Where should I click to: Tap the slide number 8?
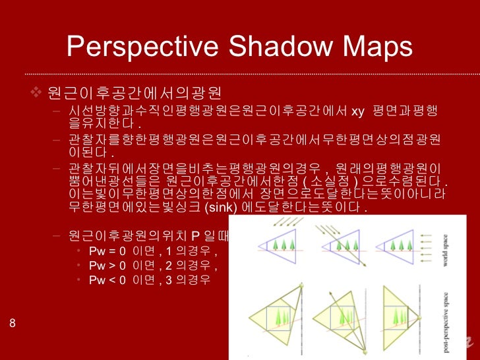13,322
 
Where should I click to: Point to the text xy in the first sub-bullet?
357,110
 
